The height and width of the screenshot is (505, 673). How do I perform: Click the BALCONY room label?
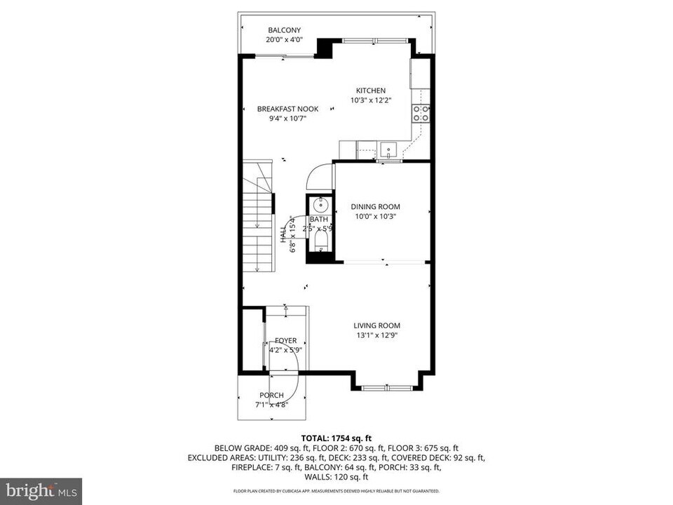[x=284, y=30]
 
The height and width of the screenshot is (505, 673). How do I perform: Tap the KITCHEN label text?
[x=370, y=90]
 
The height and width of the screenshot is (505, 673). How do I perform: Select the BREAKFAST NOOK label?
[x=287, y=109]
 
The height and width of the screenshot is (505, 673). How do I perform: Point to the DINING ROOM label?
[x=375, y=207]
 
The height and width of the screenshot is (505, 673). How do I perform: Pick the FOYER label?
[x=285, y=340]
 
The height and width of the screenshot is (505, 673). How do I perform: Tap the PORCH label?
[x=271, y=396]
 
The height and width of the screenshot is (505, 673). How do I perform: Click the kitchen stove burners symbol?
[x=421, y=114]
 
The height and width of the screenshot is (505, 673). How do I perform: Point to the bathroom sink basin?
[x=320, y=206]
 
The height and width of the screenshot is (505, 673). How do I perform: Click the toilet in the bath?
[x=320, y=241]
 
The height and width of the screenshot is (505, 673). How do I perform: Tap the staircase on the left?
[x=258, y=217]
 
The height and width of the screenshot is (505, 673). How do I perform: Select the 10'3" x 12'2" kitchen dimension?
[x=370, y=100]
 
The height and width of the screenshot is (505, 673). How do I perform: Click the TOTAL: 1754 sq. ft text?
[x=336, y=438]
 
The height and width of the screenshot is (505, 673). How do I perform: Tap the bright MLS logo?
[x=41, y=490]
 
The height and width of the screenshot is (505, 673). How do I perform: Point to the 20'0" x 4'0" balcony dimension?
[x=284, y=40]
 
